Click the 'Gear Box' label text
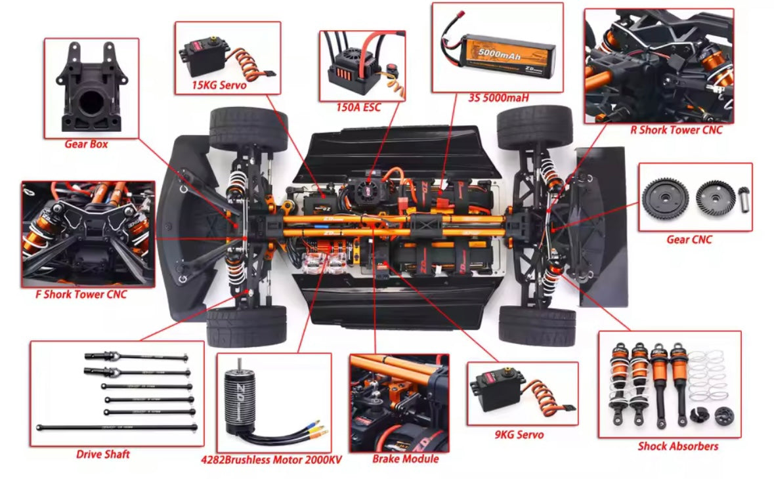tap(86, 144)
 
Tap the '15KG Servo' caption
tap(219, 85)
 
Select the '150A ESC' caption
tap(358, 108)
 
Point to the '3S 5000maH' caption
tap(498, 98)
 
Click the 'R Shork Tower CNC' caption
tap(676, 130)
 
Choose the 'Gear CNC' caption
tap(689, 239)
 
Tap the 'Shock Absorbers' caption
tap(677, 446)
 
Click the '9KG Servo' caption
tap(519, 435)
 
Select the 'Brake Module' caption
tap(405, 459)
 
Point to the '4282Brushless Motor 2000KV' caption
tap(271, 460)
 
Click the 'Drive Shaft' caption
tap(102, 454)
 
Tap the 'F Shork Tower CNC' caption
tap(81, 295)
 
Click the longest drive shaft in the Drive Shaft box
tap(117, 428)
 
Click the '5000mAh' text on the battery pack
tap(500, 53)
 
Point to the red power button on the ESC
tap(392, 68)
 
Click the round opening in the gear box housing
tap(92, 102)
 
